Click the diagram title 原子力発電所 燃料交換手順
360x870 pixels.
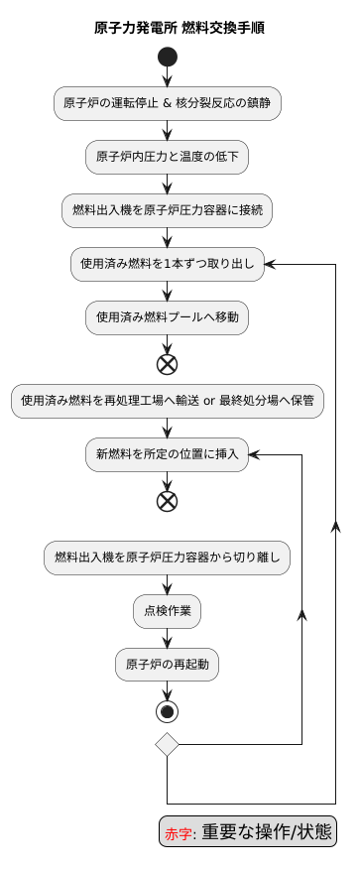(180, 28)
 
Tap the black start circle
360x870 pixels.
(168, 57)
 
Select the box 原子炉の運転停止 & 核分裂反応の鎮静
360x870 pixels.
(168, 102)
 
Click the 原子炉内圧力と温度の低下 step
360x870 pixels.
(168, 156)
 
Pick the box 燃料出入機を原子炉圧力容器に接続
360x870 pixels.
(168, 209)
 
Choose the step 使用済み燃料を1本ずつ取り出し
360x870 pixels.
(168, 263)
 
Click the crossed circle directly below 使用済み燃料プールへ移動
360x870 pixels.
(168, 363)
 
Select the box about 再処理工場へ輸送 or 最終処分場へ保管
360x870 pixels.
(168, 401)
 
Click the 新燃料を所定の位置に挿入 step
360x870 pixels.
(168, 454)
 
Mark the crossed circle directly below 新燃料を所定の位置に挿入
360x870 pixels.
(168, 501)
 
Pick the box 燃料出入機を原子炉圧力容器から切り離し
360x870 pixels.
(168, 558)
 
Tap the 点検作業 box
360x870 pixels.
(168, 611)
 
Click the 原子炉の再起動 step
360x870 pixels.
(168, 664)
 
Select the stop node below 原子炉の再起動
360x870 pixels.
(168, 711)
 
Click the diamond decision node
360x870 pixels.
(168, 744)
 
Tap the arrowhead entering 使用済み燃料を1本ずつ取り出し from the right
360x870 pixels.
(270, 263)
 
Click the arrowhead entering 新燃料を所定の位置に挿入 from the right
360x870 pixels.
(254, 454)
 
